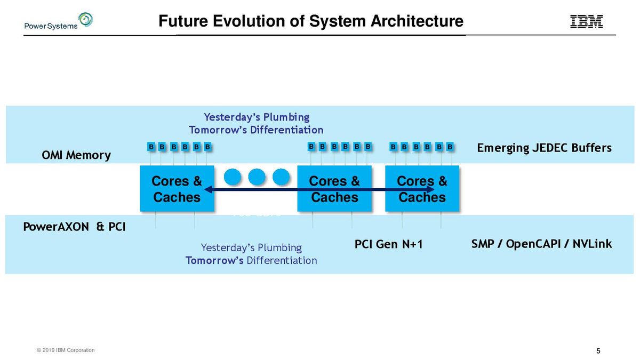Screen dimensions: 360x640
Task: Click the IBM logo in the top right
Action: point(587,21)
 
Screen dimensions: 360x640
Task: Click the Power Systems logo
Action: point(58,22)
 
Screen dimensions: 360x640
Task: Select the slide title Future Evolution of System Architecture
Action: point(311,21)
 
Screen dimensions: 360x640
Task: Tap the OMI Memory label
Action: point(76,155)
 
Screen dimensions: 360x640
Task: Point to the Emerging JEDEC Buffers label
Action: point(543,148)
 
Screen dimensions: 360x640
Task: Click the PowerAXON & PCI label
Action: point(75,227)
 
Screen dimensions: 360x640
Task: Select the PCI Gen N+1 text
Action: point(388,244)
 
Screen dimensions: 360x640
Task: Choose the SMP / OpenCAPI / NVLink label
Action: point(541,244)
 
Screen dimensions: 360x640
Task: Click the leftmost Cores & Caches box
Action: point(177,189)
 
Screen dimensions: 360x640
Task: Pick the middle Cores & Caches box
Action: point(334,189)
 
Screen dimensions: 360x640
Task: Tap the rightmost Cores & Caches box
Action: point(422,189)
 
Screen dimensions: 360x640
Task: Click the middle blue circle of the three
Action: point(257,177)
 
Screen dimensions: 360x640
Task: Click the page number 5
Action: point(598,351)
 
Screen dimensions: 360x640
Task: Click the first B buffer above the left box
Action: point(151,147)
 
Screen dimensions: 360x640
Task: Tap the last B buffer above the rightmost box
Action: point(450,147)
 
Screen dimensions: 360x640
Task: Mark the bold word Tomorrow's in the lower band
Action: point(214,260)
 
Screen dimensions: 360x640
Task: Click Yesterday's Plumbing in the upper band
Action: point(257,117)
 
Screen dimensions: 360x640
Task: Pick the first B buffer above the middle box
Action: point(312,147)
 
